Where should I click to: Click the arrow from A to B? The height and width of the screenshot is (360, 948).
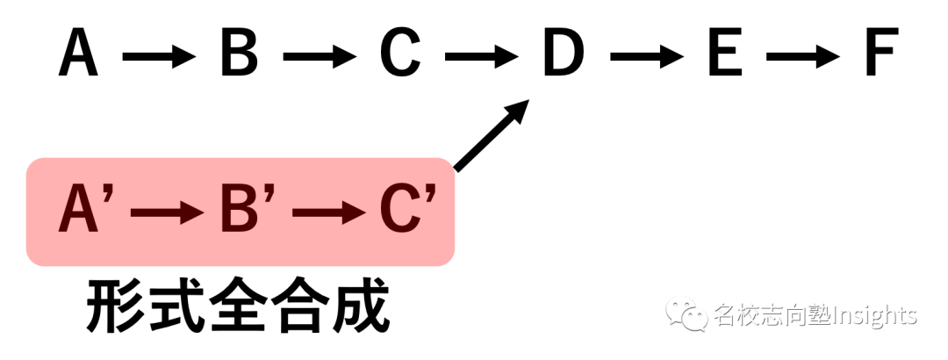tap(159, 57)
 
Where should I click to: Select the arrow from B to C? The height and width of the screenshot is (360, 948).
tap(320, 57)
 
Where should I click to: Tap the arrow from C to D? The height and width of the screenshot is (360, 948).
tap(482, 57)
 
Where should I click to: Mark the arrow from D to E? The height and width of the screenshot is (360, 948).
tap(647, 57)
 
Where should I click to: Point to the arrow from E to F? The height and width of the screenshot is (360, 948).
tap(803, 57)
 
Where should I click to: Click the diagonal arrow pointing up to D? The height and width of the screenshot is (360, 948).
tap(492, 135)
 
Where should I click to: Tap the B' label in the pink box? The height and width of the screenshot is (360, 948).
tap(248, 209)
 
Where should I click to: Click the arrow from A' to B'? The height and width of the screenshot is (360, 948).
tap(168, 212)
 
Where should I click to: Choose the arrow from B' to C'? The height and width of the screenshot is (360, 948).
tap(329, 212)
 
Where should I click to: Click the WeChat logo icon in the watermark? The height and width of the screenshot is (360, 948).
tap(686, 314)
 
